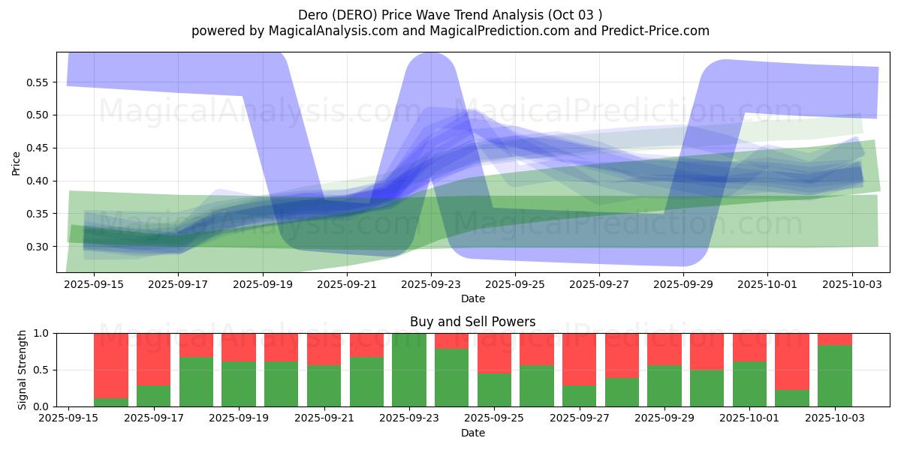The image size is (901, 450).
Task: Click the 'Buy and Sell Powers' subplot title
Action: point(472,322)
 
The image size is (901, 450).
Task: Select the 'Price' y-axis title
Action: point(17,163)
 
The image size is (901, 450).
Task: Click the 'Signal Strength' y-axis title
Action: point(23,370)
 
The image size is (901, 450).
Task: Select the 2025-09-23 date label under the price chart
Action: point(430,285)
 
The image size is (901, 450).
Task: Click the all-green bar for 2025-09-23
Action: point(409,370)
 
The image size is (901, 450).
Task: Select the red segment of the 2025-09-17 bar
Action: point(154,358)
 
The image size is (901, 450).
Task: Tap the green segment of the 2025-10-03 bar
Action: point(835,376)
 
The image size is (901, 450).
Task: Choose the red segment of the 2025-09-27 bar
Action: point(580,358)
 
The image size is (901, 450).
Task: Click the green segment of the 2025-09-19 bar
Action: point(239,384)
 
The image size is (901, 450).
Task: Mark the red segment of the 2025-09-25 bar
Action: point(494,352)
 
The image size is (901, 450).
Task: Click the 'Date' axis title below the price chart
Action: point(472,298)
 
